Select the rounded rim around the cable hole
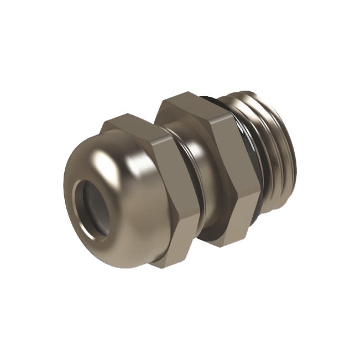77,221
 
